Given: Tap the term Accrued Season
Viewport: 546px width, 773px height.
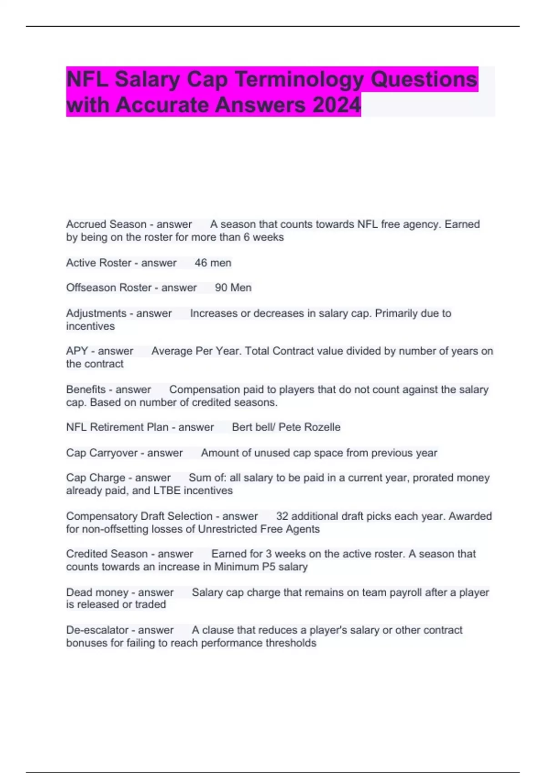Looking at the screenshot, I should coord(106,224).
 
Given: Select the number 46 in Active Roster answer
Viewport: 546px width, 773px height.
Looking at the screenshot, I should coord(201,263).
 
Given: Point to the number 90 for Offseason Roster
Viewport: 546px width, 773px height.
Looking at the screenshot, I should coord(221,288).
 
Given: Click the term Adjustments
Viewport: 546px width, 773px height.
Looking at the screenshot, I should coord(96,313).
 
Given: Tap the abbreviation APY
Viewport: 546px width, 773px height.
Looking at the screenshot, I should coord(77,351).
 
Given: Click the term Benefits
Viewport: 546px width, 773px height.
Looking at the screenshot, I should coord(86,390).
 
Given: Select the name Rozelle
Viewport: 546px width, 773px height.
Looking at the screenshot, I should coord(323,427).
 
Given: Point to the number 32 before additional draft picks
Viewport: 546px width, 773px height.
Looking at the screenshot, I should coord(282,517).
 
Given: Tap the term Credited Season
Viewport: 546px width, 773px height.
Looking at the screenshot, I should coord(106,554).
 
